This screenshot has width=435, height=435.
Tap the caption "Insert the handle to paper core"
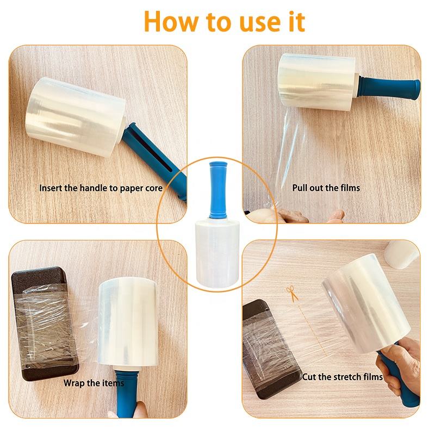tap(101, 188)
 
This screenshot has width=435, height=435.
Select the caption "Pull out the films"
tap(326, 188)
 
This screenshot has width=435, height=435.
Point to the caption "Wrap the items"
tap(94, 383)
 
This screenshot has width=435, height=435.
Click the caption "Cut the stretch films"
tap(343, 377)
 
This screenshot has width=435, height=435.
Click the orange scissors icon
tap(292, 294)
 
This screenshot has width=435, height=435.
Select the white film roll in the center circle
tap(217, 253)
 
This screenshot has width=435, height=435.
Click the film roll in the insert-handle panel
tap(76, 117)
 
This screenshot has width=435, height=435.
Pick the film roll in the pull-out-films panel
tap(317, 82)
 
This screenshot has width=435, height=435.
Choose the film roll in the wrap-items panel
tap(128, 322)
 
